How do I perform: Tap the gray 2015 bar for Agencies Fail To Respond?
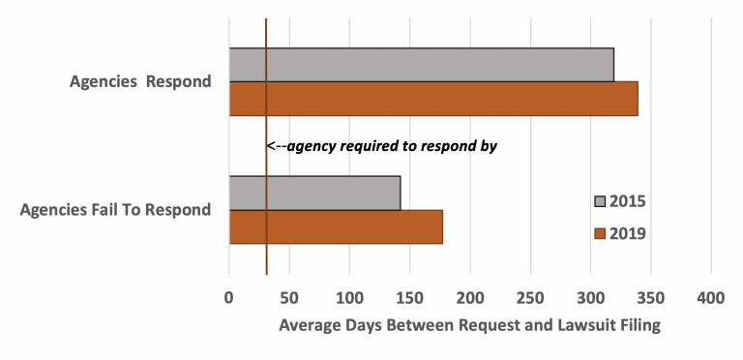click(x=314, y=193)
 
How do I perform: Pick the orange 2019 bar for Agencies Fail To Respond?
click(x=336, y=226)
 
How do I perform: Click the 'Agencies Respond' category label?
click(x=140, y=82)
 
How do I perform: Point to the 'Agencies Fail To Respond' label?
click(x=115, y=210)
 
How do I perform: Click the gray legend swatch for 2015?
click(x=600, y=201)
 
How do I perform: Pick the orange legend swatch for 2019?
click(x=600, y=232)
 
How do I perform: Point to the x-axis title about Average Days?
click(x=469, y=326)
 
